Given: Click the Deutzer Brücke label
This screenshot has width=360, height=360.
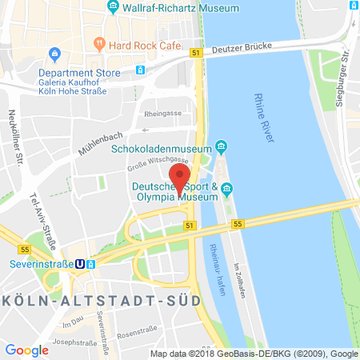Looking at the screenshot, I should coord(245,49).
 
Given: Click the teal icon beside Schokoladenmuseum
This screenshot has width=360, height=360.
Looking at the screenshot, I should coord(221,147).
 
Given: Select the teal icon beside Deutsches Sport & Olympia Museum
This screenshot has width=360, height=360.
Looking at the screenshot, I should coord(227,190).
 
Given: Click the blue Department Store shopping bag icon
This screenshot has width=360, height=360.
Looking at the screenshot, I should coord(55,54).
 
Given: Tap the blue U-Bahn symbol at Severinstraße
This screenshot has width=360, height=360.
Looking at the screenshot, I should coord(78,263).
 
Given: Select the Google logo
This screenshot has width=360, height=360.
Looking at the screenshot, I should coord(27,350).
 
